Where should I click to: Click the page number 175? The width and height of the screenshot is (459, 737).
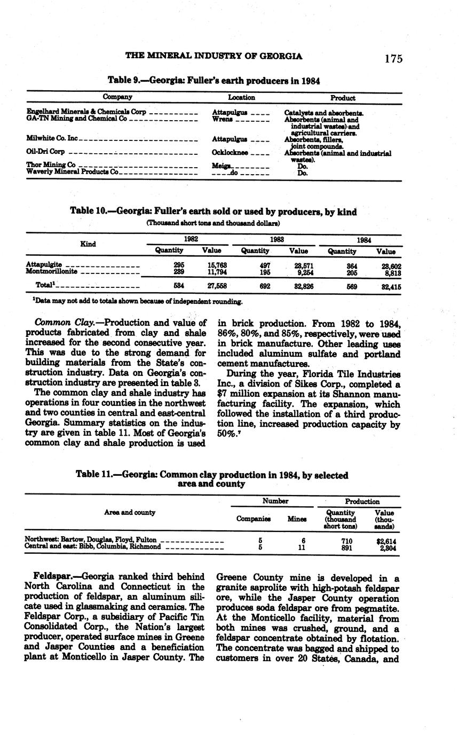click(x=393, y=59)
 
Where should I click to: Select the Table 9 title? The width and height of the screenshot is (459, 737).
click(x=213, y=81)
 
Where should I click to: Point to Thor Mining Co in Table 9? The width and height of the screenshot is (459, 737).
click(x=51, y=165)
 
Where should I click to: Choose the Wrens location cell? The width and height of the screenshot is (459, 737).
click(x=223, y=119)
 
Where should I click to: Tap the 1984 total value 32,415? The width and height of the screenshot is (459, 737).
click(x=390, y=287)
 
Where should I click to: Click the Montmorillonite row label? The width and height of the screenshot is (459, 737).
click(x=51, y=272)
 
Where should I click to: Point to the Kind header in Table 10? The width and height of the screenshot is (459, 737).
click(x=88, y=244)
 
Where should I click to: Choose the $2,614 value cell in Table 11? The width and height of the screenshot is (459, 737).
click(x=386, y=540)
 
